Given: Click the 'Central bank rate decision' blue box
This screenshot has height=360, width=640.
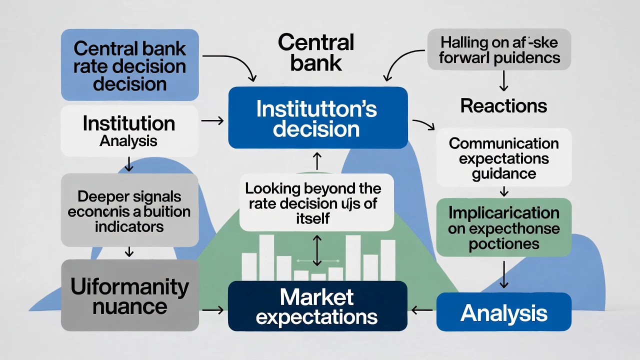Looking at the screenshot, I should click(x=129, y=65).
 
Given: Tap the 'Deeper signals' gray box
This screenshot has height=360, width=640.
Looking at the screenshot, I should click(x=129, y=210).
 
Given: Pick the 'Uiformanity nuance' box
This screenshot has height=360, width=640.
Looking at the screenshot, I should click(x=129, y=295).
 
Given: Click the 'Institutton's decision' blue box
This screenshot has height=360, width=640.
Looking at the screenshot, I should click(x=317, y=118).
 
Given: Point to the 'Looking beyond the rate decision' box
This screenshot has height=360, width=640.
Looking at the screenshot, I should click(x=316, y=202).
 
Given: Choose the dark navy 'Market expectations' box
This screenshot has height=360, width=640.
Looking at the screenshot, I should click(x=317, y=306).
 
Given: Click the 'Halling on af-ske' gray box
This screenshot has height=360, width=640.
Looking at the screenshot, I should click(x=499, y=49).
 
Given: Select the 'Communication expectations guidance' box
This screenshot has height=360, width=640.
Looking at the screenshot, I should click(x=503, y=158).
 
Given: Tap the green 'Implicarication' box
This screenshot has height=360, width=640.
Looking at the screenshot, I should click(x=503, y=227).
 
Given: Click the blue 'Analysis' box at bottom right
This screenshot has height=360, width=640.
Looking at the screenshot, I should click(x=503, y=312).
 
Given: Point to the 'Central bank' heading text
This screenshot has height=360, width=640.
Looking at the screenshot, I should click(x=316, y=52).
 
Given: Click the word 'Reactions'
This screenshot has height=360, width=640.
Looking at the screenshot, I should click(x=503, y=106).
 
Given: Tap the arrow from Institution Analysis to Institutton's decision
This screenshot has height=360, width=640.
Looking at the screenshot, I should click(x=212, y=120).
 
